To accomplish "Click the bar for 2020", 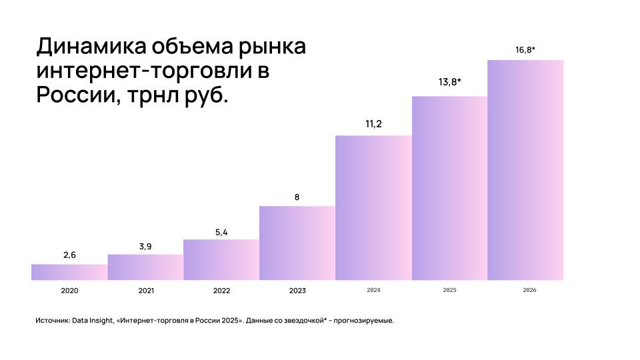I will [x=69, y=272].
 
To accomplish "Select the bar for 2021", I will [x=145, y=267].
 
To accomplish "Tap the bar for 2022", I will [x=221, y=260].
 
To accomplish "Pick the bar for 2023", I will [x=297, y=243].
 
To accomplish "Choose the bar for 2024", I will [x=373, y=208].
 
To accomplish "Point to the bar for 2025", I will [x=449, y=189].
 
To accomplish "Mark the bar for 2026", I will [x=525, y=170].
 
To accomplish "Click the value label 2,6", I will [x=69, y=255].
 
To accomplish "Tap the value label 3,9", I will [x=145, y=246].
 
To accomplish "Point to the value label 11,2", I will [x=373, y=124].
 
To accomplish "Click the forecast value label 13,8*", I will [x=450, y=82].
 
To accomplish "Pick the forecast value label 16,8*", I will [x=525, y=49].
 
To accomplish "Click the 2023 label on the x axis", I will [x=297, y=291].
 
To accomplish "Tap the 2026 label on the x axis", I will [x=525, y=291].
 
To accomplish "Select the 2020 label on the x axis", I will [x=69, y=291].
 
